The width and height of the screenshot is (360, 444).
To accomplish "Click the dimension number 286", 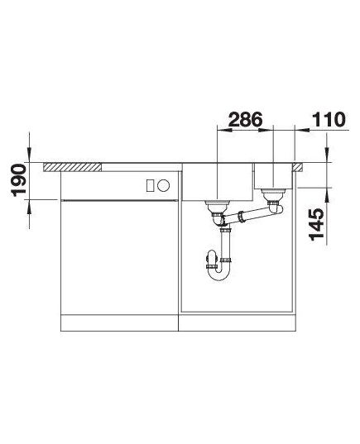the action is [x=246, y=120].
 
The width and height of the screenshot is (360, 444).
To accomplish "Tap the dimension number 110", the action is [x=329, y=120].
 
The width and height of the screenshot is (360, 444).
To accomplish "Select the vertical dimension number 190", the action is [x=18, y=180].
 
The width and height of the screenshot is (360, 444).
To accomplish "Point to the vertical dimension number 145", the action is [x=316, y=225].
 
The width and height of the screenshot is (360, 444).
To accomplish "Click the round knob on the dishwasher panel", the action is [x=164, y=186].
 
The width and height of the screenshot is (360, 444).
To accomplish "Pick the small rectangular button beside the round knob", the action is [x=150, y=186].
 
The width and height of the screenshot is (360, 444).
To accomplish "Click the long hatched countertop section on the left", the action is [x=73, y=167].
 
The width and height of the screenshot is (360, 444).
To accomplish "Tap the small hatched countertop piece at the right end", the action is [x=298, y=167].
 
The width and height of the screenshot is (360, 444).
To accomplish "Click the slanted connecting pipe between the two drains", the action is [x=247, y=215].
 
